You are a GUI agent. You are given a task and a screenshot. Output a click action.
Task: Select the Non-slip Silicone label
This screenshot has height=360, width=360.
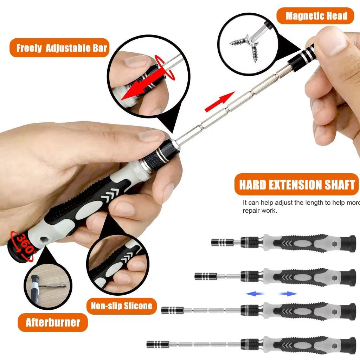pos(122,306)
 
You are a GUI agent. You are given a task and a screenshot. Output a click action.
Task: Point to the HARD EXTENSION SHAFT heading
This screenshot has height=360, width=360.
pos(297,185)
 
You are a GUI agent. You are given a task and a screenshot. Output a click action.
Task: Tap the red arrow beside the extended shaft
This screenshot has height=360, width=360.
pos(220,101)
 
